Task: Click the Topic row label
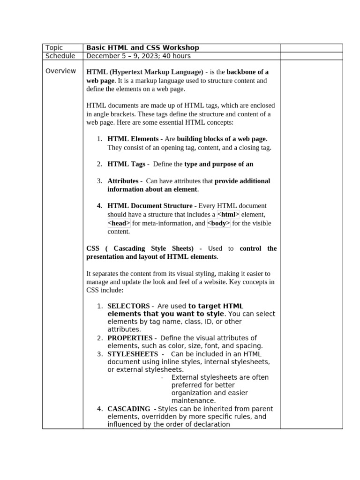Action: (54, 48)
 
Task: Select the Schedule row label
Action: (60, 56)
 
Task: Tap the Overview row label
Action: (60, 71)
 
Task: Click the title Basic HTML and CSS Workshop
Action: (143, 48)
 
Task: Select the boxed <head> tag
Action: (119, 224)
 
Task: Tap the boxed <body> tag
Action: (218, 224)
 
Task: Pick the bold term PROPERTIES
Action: (130, 338)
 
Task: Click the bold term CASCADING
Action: (129, 409)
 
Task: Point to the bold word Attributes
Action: (123, 181)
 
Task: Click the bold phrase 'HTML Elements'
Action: (133, 139)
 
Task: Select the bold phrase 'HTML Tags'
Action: (126, 164)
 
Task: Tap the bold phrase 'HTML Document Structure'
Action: (150, 206)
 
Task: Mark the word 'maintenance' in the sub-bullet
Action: (193, 401)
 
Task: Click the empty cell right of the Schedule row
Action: (311, 56)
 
